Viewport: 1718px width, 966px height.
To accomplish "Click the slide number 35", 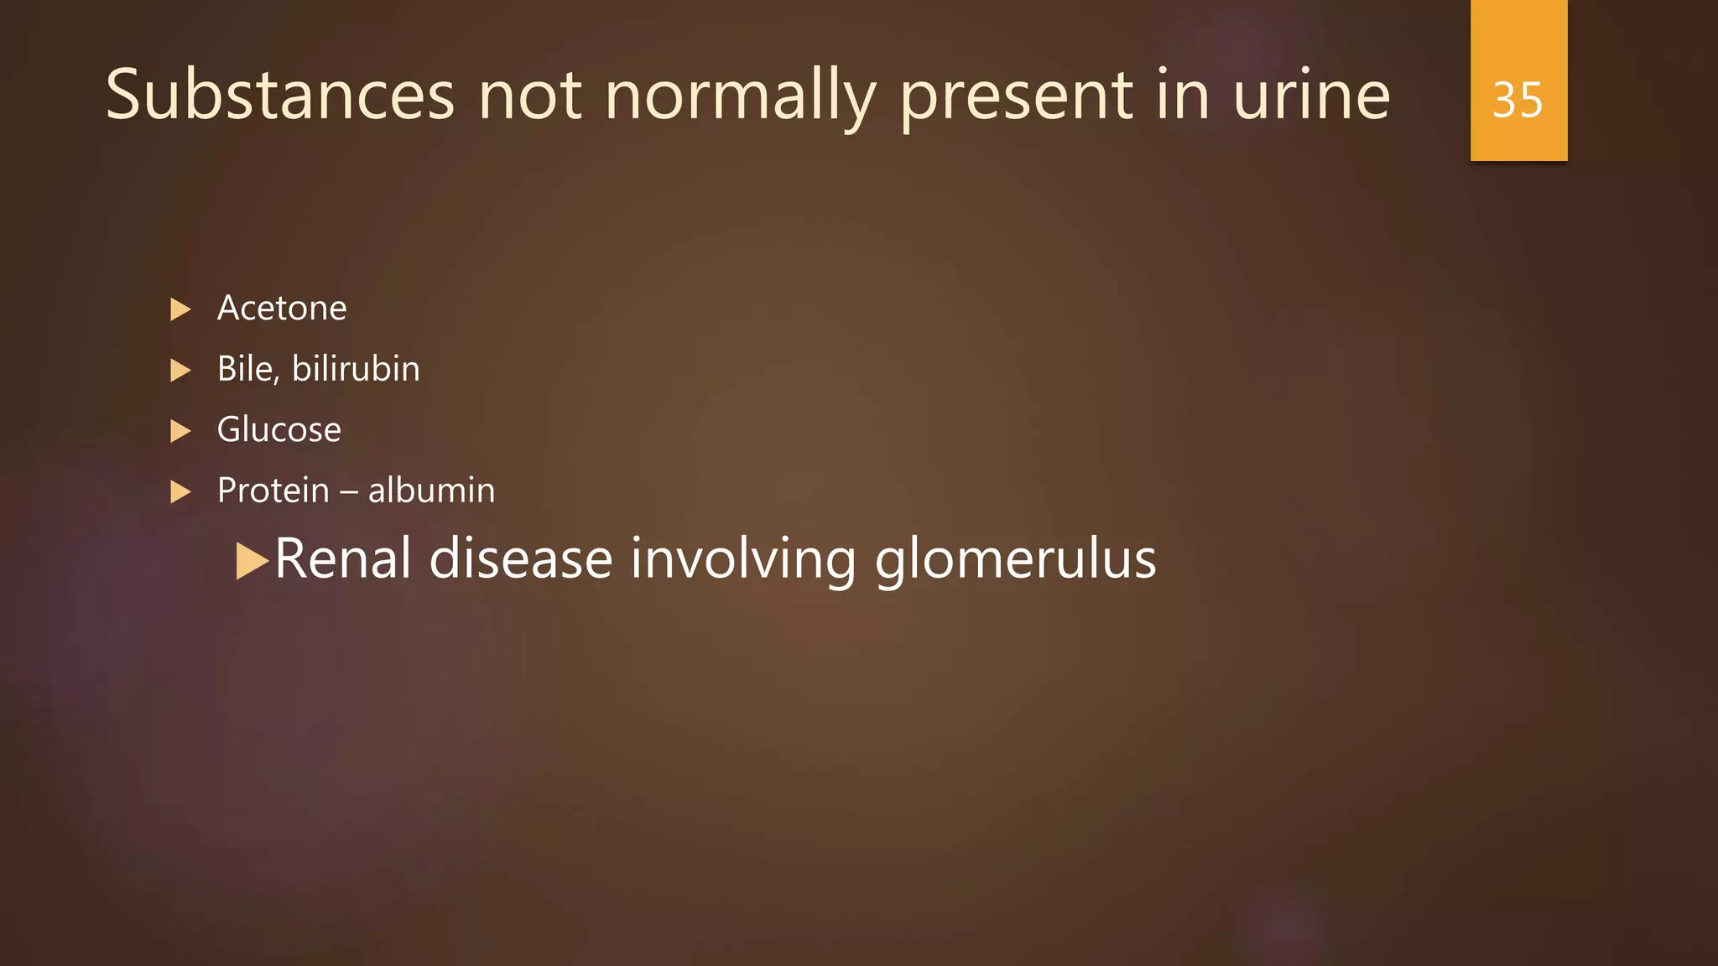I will pyautogui.click(x=1518, y=100).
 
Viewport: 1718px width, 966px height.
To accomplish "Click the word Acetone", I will pyautogui.click(x=282, y=309).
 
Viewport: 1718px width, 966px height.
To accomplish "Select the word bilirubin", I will pyautogui.click(x=356, y=369).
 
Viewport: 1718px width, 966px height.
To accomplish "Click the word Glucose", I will pyautogui.click(x=279, y=430).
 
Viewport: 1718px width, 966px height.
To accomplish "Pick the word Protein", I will pyautogui.click(x=273, y=491).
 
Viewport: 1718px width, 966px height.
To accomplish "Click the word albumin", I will pyautogui.click(x=431, y=491).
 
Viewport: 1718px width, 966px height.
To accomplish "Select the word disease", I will pyautogui.click(x=521, y=558).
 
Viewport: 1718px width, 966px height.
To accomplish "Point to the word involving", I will pyautogui.click(x=743, y=560).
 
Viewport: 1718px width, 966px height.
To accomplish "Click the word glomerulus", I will pyautogui.click(x=1015, y=560).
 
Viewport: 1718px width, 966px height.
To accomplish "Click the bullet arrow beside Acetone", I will pyautogui.click(x=180, y=309).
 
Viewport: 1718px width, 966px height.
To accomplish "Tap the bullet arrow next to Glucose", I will pyautogui.click(x=180, y=431).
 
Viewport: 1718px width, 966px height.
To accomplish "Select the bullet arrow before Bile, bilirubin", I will pyautogui.click(x=180, y=370).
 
